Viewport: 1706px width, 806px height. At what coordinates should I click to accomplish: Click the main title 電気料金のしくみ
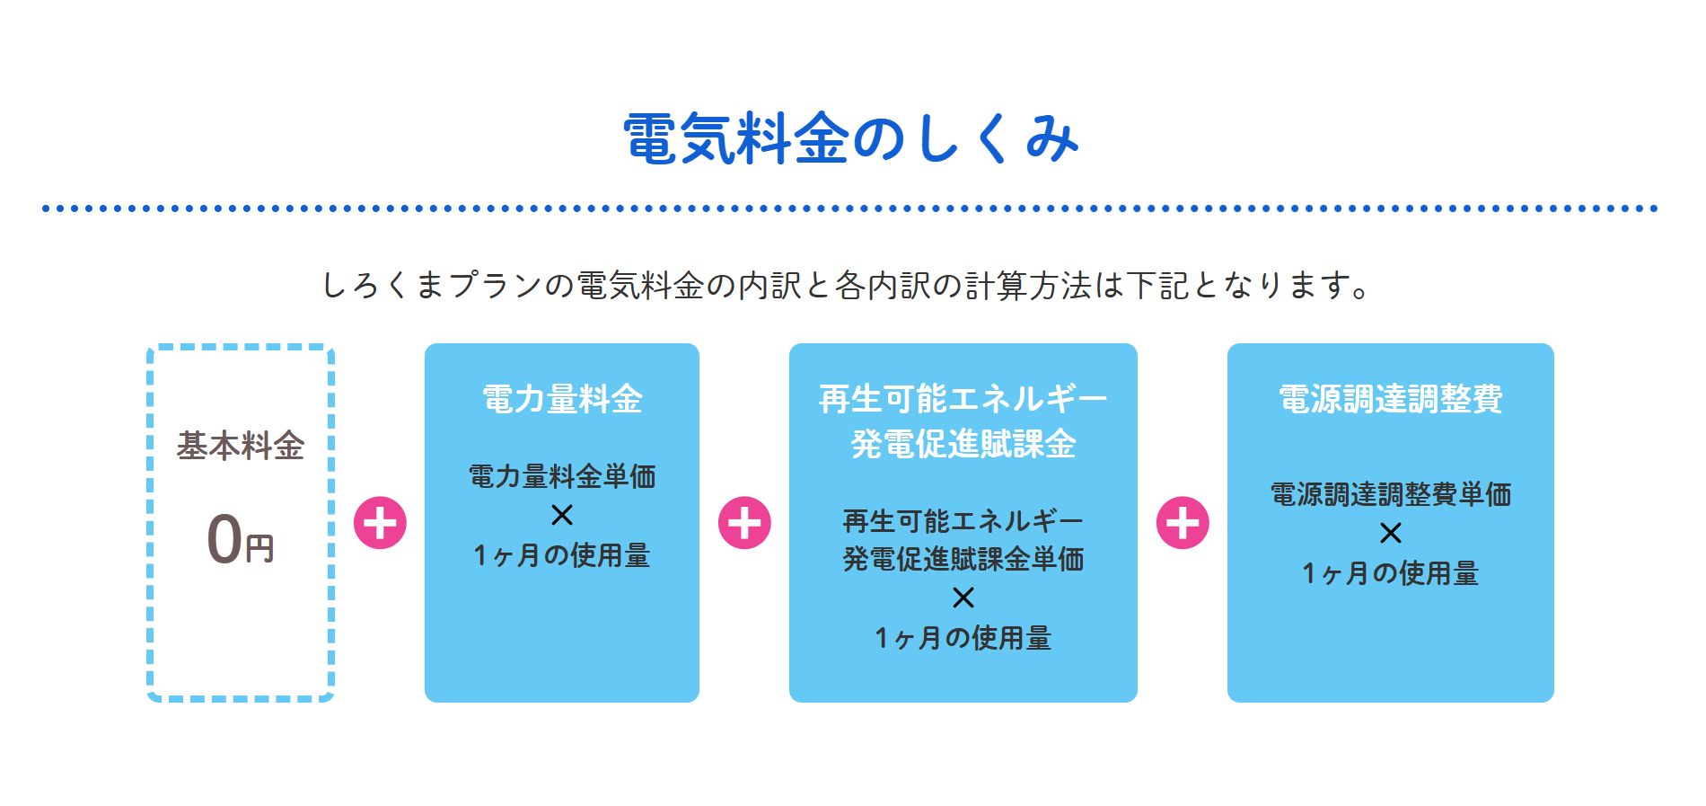[851, 138]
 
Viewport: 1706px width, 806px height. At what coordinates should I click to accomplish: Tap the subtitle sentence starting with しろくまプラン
[846, 286]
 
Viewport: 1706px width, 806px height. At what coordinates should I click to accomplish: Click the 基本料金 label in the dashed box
[241, 446]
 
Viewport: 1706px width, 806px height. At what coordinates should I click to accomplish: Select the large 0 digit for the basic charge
[224, 539]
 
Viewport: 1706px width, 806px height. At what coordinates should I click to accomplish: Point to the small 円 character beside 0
[259, 548]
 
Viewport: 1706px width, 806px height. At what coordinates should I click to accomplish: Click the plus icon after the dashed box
[380, 523]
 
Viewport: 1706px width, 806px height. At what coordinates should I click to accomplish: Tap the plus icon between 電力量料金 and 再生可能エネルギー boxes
[744, 523]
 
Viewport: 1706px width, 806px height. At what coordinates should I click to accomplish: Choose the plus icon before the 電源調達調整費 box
[1183, 523]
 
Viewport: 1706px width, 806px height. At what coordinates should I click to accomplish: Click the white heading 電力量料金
[562, 399]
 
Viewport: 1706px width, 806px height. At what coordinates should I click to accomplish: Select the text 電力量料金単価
[562, 476]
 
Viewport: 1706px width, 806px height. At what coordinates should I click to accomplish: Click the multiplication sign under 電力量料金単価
[562, 515]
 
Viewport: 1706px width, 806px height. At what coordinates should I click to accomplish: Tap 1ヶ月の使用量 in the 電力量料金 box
[562, 555]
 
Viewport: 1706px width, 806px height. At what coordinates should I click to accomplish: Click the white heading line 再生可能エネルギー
[963, 399]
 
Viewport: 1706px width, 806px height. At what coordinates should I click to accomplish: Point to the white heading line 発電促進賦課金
[963, 444]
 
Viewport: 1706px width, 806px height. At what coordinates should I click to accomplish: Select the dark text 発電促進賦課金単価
[963, 559]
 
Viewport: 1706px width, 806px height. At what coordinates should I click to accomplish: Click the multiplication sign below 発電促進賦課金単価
[963, 598]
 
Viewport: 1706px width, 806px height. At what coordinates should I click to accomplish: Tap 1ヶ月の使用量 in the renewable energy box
[963, 638]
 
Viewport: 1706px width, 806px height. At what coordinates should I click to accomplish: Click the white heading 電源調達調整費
[1391, 399]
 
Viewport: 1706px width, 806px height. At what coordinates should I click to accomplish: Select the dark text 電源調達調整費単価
[1391, 494]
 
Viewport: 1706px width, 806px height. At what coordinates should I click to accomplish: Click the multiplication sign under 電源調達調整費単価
[1391, 533]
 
